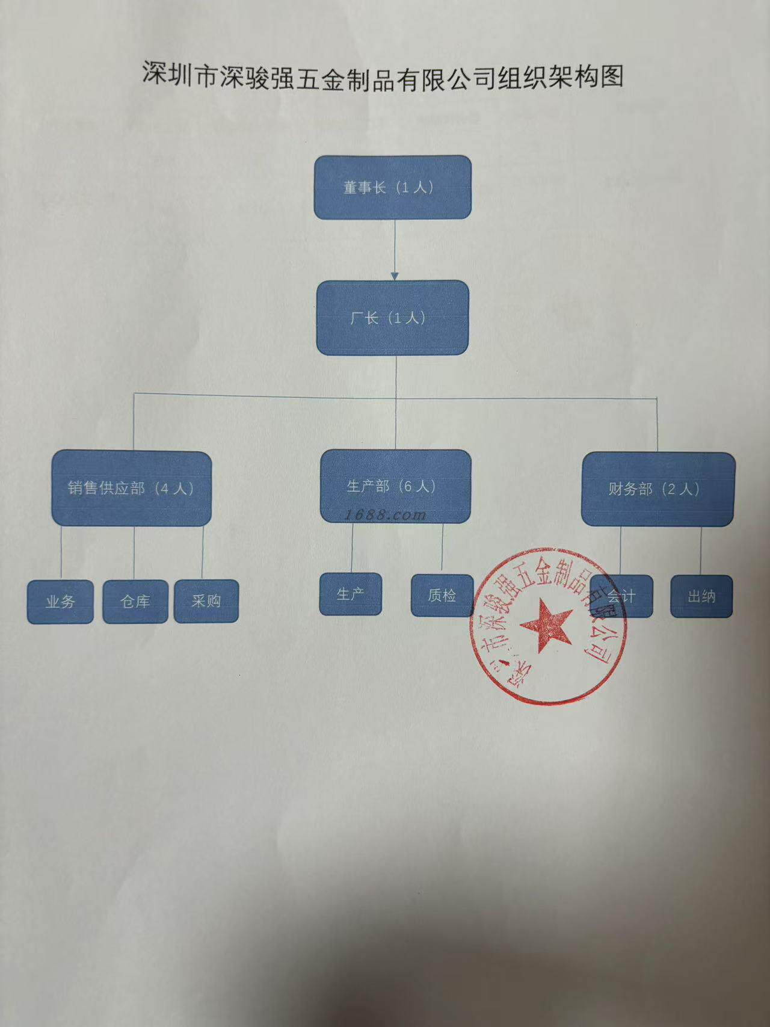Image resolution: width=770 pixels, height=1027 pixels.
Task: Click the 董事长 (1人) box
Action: point(392,187)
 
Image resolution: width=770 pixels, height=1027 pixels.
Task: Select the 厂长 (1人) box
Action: point(392,318)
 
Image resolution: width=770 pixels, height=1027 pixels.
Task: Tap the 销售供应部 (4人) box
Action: point(131,489)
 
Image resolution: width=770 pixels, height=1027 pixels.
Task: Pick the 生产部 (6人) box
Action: point(395,486)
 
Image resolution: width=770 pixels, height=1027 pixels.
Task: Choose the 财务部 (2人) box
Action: point(658,489)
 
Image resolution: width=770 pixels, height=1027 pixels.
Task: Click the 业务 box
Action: point(60,601)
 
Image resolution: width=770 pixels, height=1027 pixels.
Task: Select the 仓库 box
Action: point(135,601)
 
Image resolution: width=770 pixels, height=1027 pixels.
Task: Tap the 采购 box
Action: point(206,600)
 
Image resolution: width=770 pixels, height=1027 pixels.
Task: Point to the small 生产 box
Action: point(350,594)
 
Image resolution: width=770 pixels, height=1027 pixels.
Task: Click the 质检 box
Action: point(442,595)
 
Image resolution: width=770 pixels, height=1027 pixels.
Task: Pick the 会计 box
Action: point(621,596)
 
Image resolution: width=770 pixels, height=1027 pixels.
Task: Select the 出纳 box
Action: point(701,596)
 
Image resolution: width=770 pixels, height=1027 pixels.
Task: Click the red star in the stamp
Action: point(546,626)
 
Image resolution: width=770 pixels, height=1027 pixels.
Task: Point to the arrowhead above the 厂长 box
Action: point(395,276)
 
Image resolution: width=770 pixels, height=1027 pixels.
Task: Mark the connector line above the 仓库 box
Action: point(134,552)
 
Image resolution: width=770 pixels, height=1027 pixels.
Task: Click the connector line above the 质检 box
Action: point(442,547)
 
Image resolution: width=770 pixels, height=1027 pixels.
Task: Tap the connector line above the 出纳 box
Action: point(701,551)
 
